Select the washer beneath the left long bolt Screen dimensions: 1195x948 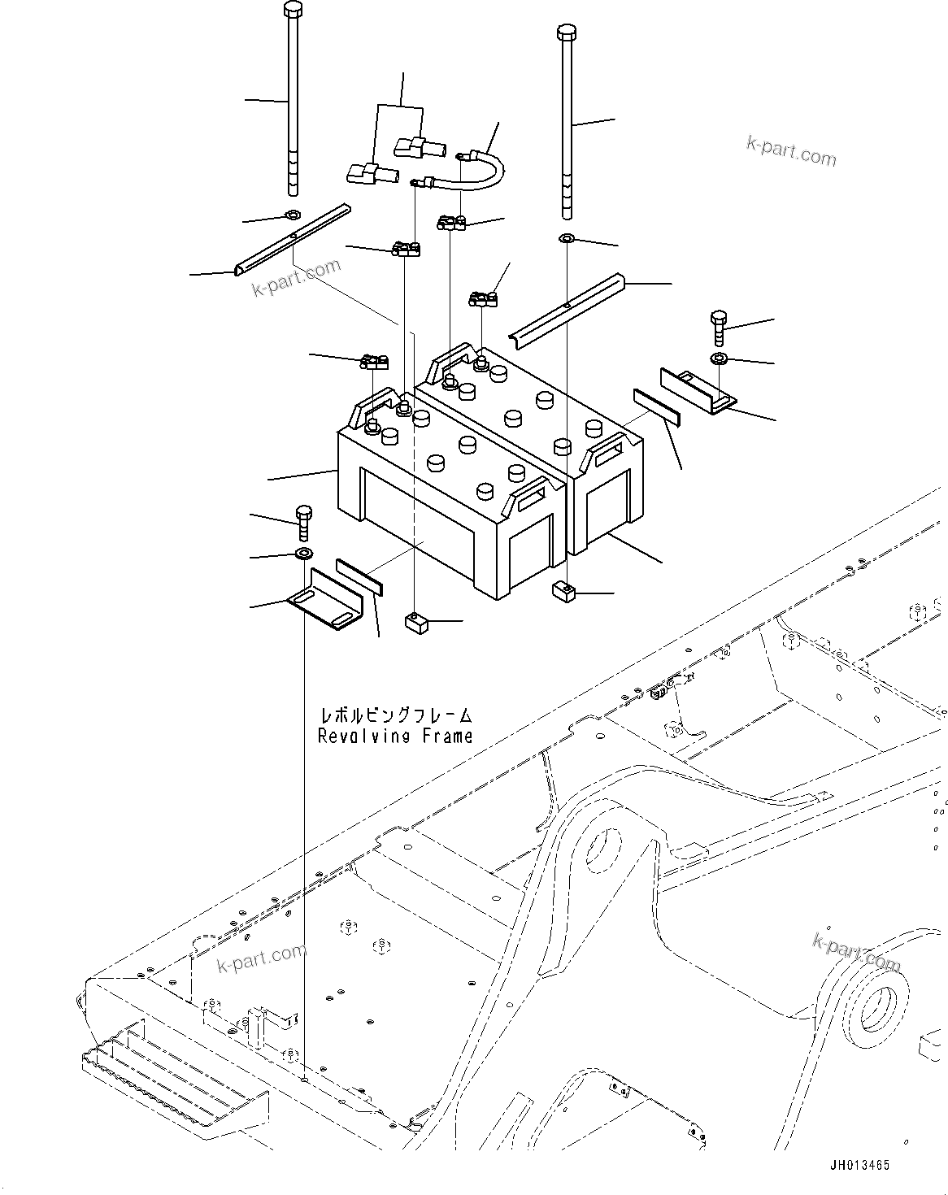(x=292, y=215)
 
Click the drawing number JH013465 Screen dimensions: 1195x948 (x=859, y=1165)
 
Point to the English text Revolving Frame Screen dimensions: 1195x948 (x=395, y=737)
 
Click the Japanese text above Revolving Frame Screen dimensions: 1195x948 (x=395, y=715)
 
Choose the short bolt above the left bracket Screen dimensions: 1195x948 (x=303, y=520)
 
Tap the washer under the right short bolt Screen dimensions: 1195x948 (x=719, y=358)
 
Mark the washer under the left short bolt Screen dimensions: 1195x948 (x=303, y=554)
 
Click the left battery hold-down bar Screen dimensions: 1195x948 (x=293, y=240)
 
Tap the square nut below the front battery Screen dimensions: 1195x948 (x=416, y=623)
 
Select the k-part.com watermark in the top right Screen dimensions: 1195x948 (x=790, y=150)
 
